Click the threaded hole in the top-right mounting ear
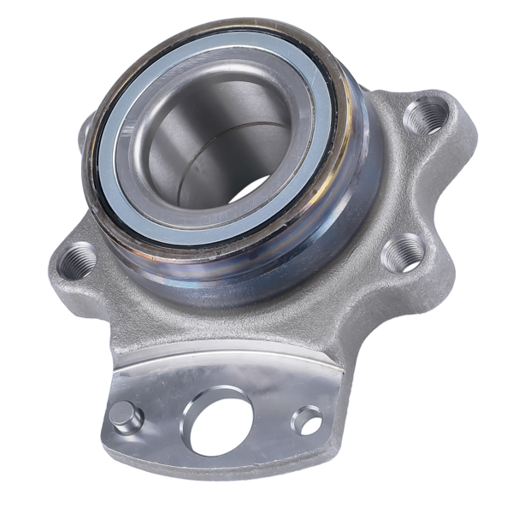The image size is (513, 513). (425, 117)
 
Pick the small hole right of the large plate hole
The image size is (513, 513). (307, 420)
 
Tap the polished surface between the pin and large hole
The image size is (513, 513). (167, 419)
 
